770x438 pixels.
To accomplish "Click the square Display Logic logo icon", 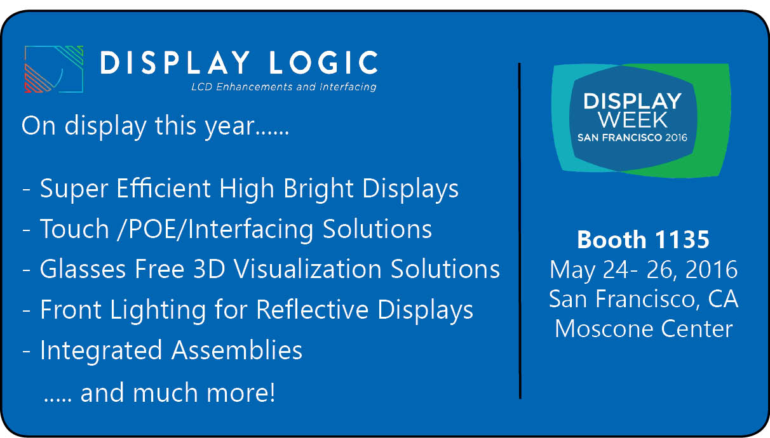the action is [x=54, y=69].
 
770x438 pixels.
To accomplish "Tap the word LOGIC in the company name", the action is [x=323, y=62].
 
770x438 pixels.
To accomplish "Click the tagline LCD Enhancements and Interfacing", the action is [x=284, y=87].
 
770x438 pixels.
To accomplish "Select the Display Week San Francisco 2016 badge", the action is [x=641, y=121].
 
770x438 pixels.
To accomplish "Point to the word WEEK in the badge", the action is [x=633, y=120].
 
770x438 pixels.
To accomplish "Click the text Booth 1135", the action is [x=643, y=239].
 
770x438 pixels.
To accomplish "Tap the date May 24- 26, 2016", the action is [x=644, y=270].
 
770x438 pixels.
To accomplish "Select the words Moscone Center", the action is [x=644, y=329].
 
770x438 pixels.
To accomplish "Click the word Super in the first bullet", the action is [x=74, y=189].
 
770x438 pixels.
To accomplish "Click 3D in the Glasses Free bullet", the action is [x=209, y=269].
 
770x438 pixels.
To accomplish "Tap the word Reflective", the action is [x=312, y=310].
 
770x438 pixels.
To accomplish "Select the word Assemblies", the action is [x=237, y=350].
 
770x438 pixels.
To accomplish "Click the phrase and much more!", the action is [x=178, y=393].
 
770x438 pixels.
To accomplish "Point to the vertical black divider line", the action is [x=520, y=231].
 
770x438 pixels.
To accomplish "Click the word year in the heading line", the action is [x=229, y=127].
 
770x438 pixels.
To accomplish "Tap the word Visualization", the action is [x=307, y=269].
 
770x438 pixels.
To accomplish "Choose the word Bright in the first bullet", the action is [x=318, y=189].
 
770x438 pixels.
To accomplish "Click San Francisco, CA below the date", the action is [x=644, y=300].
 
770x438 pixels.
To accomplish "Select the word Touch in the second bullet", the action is [x=74, y=229].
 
